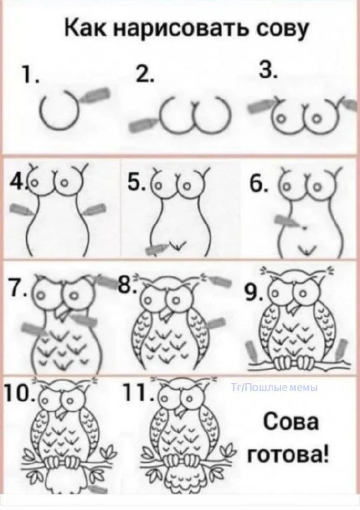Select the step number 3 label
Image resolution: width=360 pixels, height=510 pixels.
point(268,69)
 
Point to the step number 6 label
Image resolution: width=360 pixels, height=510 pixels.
point(259,185)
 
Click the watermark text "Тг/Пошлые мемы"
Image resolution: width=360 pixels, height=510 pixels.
point(275,387)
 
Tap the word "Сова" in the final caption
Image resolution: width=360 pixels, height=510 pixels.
point(291,423)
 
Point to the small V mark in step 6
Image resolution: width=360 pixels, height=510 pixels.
point(306,249)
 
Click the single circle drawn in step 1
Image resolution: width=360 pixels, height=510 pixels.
point(59,110)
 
